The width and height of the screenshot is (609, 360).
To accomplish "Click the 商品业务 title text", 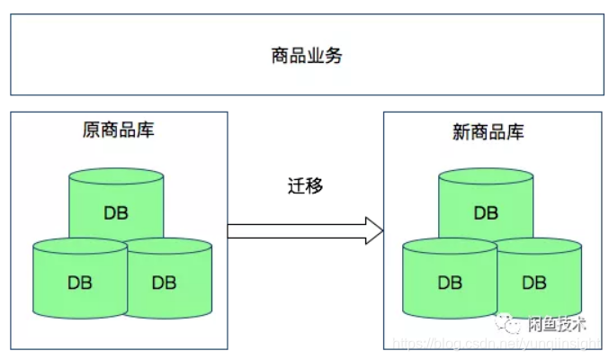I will [x=306, y=56].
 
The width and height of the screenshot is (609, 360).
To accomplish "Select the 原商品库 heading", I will [x=117, y=130].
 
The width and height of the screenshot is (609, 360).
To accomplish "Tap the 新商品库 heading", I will [x=487, y=132].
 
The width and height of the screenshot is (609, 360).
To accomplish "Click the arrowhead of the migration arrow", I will [x=372, y=231].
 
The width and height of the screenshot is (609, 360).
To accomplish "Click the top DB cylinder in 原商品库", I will [x=116, y=202].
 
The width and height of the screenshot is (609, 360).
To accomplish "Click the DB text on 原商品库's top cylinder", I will [x=116, y=213].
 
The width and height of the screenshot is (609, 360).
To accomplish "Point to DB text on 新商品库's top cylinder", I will [x=486, y=213].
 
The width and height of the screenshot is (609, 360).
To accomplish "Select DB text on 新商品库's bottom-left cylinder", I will [x=450, y=283].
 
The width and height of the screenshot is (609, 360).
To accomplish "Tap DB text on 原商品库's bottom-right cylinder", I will [x=164, y=283].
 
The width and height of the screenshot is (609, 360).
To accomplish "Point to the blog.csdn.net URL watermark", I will [x=499, y=344].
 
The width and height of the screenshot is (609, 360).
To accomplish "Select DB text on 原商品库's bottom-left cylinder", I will [x=79, y=283].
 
